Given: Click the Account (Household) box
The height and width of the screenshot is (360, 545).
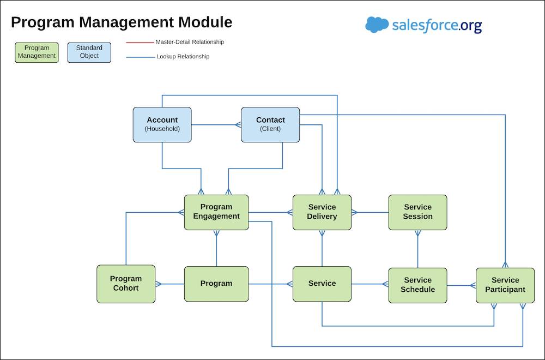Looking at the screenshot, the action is click(162, 124).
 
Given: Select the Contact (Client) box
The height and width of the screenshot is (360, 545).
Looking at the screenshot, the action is click(270, 124).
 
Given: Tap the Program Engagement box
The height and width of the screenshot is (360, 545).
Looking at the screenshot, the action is click(216, 212).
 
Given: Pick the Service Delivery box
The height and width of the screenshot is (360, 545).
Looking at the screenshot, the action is click(322, 212).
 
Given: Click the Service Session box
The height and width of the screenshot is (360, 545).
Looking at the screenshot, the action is click(417, 212).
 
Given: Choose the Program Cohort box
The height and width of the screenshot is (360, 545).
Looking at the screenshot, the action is click(126, 284).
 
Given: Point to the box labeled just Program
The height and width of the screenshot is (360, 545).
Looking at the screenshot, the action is click(216, 284).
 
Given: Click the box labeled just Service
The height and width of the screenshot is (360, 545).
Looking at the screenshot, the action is click(322, 284).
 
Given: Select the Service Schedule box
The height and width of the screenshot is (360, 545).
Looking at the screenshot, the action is click(417, 285).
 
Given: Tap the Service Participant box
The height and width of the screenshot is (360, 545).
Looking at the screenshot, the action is click(505, 285).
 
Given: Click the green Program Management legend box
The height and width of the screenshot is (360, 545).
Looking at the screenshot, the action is click(37, 52).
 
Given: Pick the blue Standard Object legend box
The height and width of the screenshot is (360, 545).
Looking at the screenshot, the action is click(89, 52).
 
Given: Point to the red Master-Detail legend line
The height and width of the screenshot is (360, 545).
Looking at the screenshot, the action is click(140, 43).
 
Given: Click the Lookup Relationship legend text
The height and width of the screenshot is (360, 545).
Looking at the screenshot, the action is click(183, 56).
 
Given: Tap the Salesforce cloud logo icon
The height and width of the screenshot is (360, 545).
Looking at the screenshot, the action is click(377, 25).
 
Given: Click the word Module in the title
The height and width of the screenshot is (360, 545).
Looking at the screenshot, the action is click(205, 22).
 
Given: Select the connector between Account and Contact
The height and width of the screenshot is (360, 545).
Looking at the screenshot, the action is click(216, 124).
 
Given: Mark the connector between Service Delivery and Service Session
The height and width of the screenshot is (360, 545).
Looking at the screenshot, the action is click(370, 212).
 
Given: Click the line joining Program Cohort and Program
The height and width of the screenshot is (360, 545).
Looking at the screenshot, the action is click(169, 284).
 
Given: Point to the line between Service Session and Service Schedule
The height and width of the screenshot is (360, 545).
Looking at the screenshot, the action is click(417, 249).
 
